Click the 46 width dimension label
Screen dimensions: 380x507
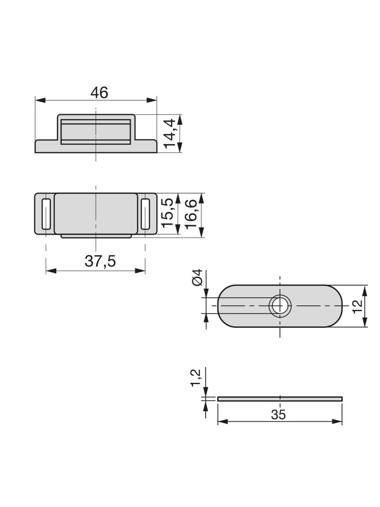[x=99, y=93]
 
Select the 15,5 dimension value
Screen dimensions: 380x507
[x=168, y=213]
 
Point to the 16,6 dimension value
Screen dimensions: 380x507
[x=191, y=214]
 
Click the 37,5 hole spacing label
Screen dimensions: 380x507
[x=100, y=261]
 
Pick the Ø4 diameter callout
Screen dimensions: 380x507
[x=197, y=277]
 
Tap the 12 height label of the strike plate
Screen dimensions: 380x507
[x=357, y=306]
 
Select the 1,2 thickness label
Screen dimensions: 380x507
[x=196, y=377]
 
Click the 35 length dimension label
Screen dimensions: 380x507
[x=278, y=414]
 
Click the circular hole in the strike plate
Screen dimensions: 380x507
[x=280, y=306]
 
